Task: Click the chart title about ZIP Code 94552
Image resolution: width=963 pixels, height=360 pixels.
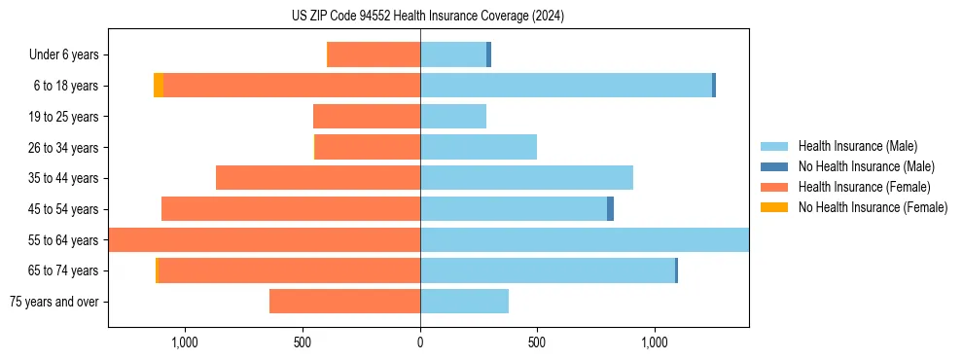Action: (428, 16)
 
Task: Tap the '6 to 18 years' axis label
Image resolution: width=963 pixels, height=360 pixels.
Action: (65, 86)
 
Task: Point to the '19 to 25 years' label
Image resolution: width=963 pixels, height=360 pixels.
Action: (63, 117)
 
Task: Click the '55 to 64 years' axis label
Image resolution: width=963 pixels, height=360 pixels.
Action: (63, 240)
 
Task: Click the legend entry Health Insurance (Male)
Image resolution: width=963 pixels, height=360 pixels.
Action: (857, 146)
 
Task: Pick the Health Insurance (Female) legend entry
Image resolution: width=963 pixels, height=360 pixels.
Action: (864, 187)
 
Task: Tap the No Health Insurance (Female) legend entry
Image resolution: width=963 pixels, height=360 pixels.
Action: (873, 207)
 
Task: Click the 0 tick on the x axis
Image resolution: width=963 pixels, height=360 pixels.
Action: (420, 342)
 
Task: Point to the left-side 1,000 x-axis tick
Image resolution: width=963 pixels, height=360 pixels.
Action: (185, 342)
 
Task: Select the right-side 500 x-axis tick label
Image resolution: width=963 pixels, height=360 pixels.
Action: (537, 342)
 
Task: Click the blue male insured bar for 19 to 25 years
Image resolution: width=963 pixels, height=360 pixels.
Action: (453, 117)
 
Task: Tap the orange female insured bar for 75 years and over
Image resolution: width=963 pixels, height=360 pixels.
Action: (344, 302)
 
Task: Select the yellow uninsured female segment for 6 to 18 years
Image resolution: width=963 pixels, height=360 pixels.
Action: (159, 86)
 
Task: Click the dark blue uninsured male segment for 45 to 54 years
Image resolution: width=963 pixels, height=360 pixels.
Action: (610, 209)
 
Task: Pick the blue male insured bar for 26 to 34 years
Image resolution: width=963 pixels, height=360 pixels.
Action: (479, 148)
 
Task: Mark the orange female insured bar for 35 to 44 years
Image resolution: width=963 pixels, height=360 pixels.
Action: (318, 178)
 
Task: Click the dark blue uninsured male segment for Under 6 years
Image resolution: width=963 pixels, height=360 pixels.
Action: (488, 55)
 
